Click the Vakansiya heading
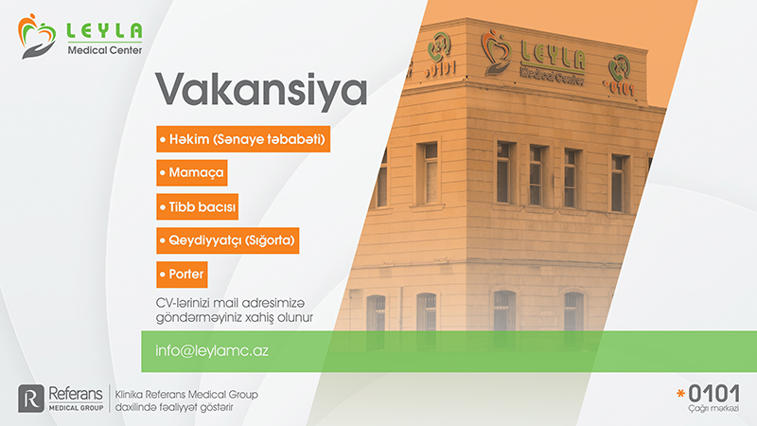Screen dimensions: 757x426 click(261, 90)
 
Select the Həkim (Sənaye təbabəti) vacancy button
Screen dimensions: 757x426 click(243, 139)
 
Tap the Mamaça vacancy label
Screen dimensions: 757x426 click(192, 172)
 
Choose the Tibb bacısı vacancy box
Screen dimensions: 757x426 click(197, 206)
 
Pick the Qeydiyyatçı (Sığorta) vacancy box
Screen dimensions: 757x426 click(227, 240)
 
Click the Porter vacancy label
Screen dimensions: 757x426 click(182, 275)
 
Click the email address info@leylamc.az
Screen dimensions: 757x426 click(211, 350)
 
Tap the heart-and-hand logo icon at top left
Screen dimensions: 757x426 click(36, 36)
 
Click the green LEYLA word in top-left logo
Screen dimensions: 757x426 click(104, 30)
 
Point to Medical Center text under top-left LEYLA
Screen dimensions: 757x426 click(105, 50)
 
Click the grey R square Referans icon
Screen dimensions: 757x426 click(31, 399)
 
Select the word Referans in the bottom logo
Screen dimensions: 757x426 click(76, 393)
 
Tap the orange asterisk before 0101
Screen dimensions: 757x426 click(680, 394)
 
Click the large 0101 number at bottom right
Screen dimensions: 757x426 click(714, 394)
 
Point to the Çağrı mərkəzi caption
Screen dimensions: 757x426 click(713, 409)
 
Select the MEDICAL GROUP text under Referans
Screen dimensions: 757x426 click(76, 408)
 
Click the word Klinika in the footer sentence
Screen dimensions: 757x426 click(129, 395)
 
